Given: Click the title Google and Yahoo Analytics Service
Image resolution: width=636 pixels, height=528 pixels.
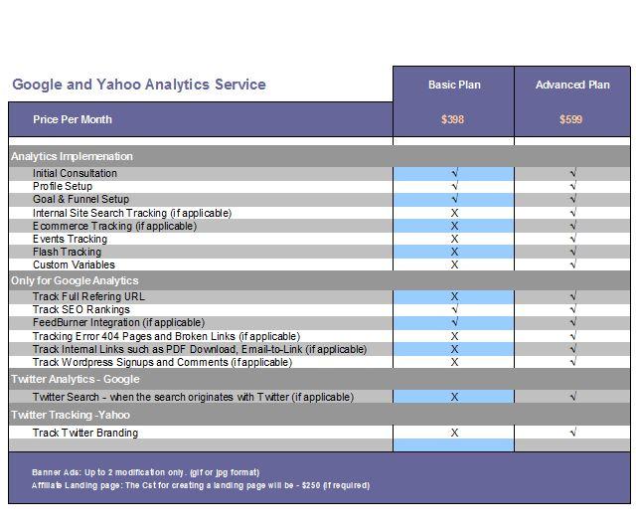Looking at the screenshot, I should pos(139,85).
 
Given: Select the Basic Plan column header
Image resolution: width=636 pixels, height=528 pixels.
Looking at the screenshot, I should pos(454,85).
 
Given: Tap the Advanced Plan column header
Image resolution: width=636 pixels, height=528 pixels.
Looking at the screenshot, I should pos(572,85).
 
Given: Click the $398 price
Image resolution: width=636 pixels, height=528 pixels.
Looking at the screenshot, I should pos(453,119).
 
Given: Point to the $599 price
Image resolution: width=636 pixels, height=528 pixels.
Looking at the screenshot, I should pos(570,119).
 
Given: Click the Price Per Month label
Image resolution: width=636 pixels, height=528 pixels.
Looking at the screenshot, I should pos(73,119).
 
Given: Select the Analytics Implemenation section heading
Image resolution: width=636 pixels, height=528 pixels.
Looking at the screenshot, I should pos(72,156).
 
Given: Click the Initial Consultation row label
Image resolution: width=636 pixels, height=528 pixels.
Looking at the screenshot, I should pos(75,173).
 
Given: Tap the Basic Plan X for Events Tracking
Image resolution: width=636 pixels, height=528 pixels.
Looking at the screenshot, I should pos(454,239).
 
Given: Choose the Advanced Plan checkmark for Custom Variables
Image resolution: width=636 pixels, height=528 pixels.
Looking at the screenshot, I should pos(572,264).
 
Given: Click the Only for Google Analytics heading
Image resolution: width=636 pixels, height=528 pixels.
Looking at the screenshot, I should pos(75,280).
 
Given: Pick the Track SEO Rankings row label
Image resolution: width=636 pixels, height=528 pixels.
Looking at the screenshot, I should pos(81,309).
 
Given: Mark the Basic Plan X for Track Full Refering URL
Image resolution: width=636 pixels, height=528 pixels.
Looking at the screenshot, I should pos(454,296).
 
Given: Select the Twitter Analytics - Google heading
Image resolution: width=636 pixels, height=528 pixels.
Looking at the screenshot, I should pos(76,379).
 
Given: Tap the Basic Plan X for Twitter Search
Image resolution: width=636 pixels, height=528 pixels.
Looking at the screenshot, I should pos(454,397).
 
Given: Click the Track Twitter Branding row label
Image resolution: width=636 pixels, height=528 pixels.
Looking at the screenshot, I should pos(85,433).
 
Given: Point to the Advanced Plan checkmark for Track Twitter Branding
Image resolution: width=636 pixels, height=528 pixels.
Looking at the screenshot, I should pos(572,433).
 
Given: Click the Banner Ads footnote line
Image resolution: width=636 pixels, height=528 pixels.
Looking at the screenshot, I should pos(145,472).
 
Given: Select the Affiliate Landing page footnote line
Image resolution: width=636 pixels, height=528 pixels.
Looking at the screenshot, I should pos(200,485).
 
